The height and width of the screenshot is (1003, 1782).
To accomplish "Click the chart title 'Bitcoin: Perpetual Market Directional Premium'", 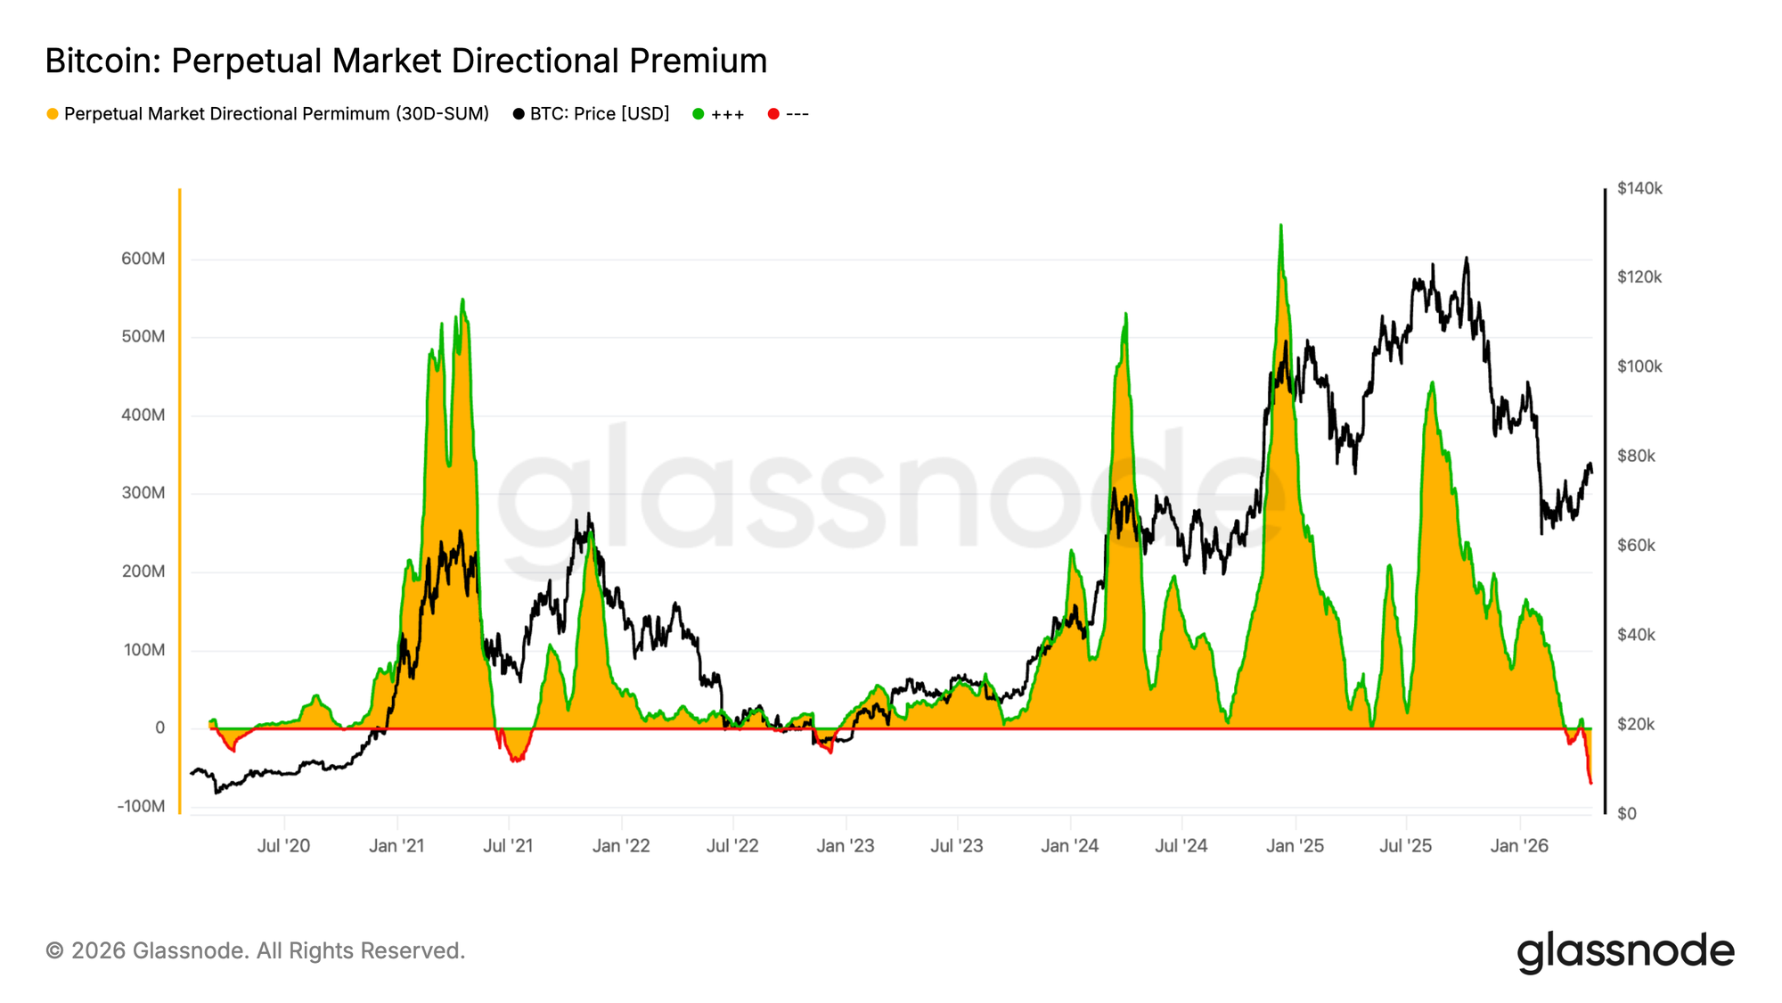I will (x=405, y=61).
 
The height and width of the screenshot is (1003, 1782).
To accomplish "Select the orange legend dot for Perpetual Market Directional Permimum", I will (x=53, y=114).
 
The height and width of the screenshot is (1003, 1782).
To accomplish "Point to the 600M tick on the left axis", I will (x=143, y=259).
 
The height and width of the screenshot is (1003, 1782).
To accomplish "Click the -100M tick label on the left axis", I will (x=141, y=806).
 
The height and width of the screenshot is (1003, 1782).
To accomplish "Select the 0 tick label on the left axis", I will (x=159, y=728).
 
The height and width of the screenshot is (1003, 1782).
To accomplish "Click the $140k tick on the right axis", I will (x=1639, y=188).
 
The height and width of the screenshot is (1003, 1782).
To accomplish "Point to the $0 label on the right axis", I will (x=1627, y=813).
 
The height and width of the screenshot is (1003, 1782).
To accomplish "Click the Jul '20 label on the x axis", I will (x=283, y=845).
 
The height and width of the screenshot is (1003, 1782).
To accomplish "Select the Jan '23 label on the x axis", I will (x=845, y=845).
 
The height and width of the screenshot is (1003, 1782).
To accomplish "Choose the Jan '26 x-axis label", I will (x=1519, y=845).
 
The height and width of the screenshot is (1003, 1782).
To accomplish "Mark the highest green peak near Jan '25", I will (x=1280, y=226).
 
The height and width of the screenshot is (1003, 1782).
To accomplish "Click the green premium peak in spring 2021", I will (x=462, y=300).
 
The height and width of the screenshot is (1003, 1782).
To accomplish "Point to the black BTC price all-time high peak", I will (x=1466, y=259).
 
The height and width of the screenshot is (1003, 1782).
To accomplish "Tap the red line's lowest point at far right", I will (x=1590, y=783).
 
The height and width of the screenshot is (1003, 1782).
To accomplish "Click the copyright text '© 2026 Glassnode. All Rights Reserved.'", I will (x=255, y=950).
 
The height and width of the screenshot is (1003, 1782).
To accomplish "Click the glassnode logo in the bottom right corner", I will (x=1625, y=951).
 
